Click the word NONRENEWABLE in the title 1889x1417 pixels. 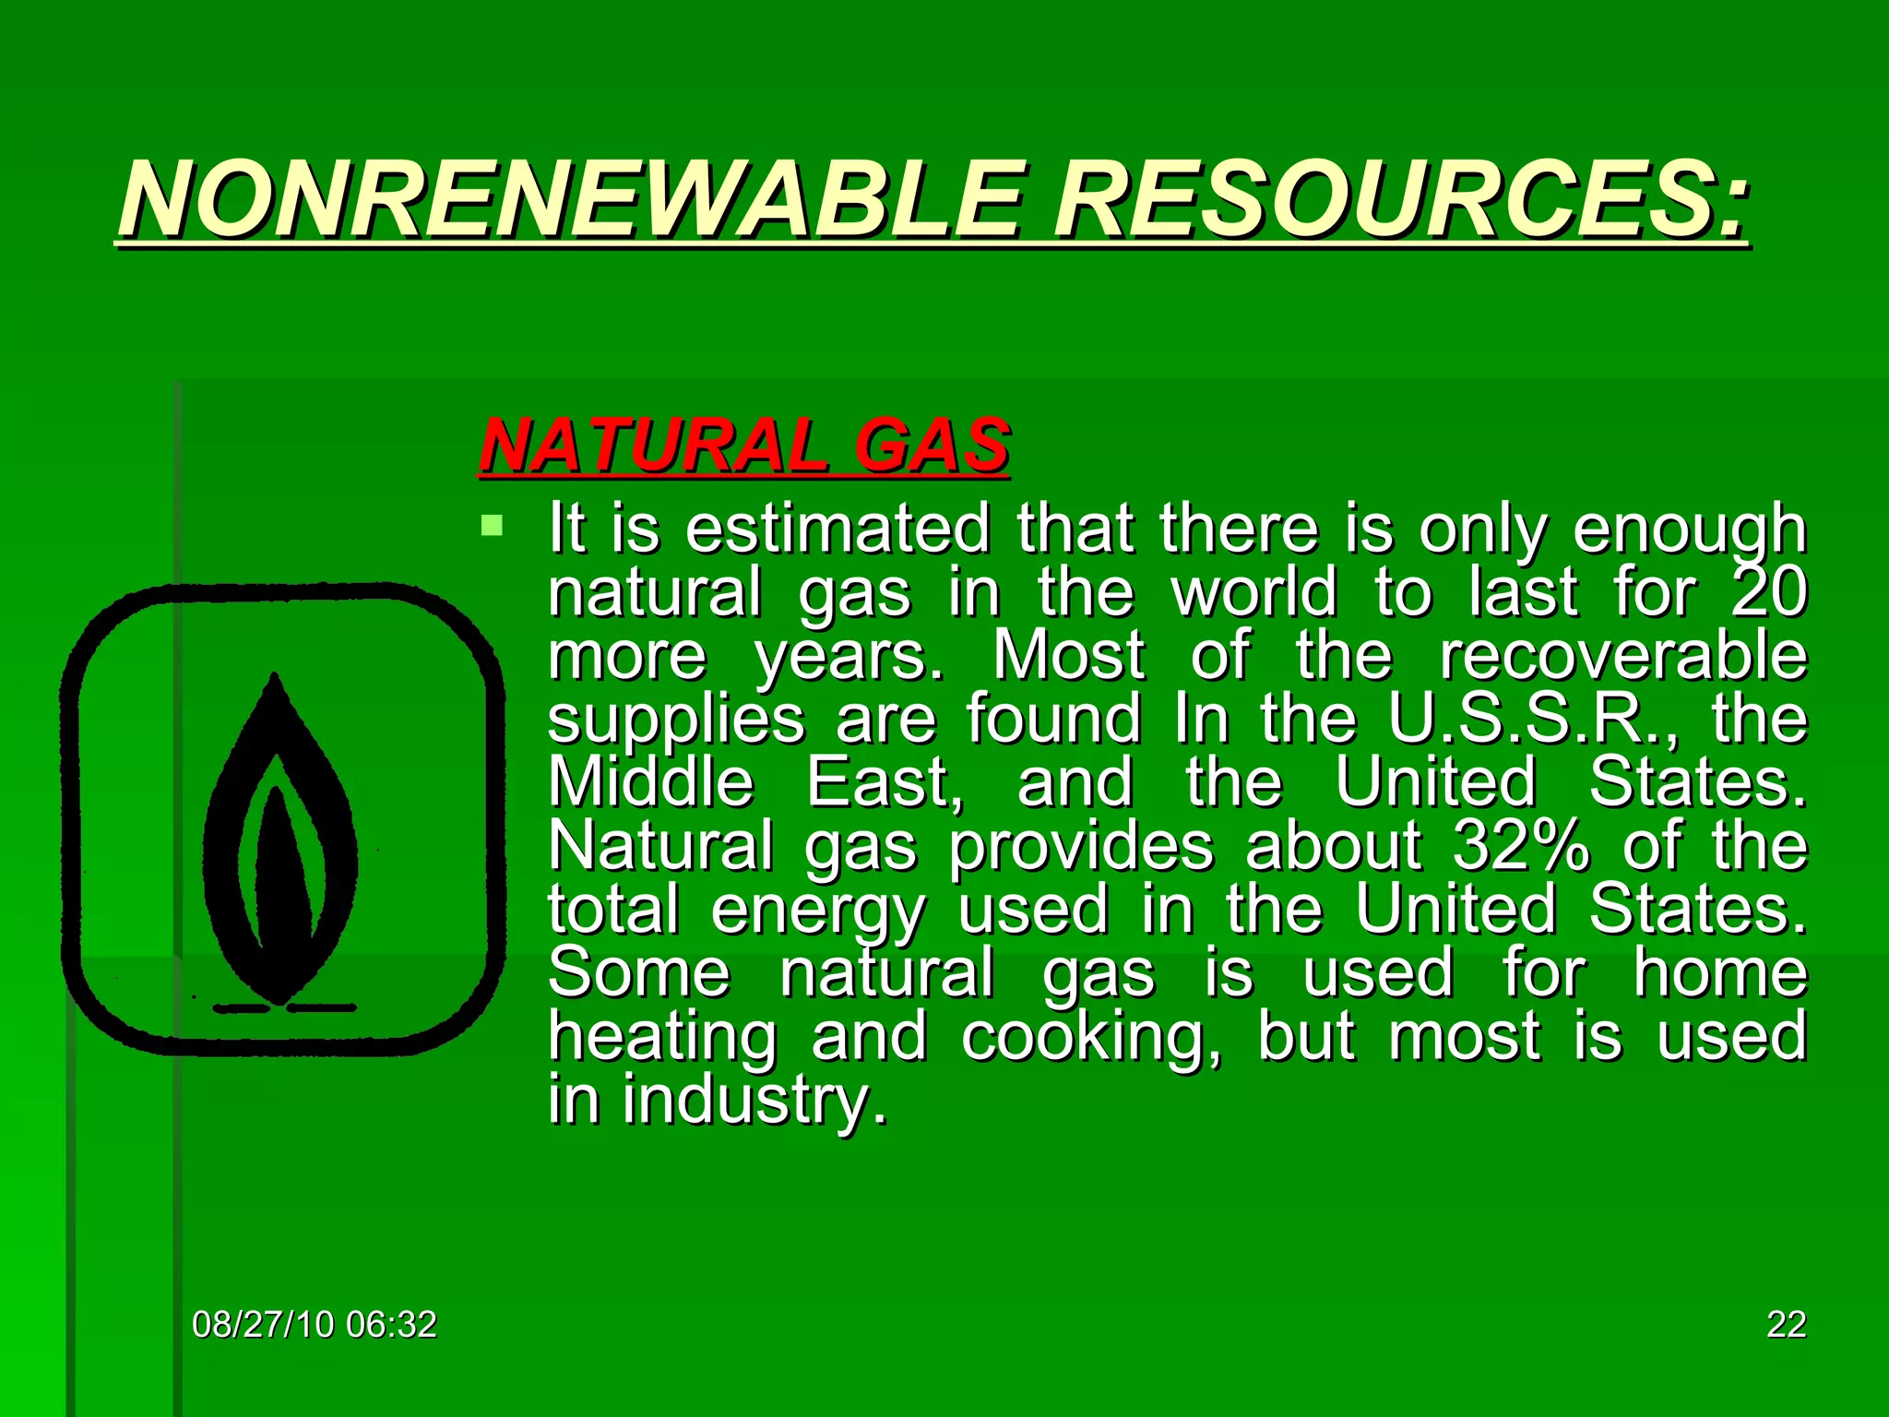point(572,199)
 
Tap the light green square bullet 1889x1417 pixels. point(493,527)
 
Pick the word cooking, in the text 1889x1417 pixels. point(1092,1037)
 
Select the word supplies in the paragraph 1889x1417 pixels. point(676,720)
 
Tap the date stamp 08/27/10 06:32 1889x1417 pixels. point(314,1325)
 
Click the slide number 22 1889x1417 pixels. point(1786,1325)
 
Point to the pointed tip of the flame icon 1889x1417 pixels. point(274,679)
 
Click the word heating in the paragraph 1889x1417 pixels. point(663,1037)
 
